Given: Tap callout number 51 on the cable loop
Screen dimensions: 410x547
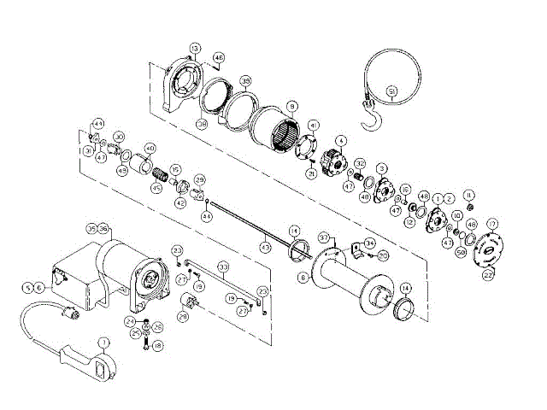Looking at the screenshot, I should pyautogui.click(x=391, y=91).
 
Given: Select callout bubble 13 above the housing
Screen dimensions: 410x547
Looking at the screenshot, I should pyautogui.click(x=196, y=48).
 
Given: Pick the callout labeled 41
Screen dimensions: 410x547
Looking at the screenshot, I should pyautogui.click(x=314, y=126).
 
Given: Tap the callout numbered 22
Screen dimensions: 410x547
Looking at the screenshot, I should pyautogui.click(x=489, y=275).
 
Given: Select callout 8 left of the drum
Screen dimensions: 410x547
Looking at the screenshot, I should pyautogui.click(x=303, y=277).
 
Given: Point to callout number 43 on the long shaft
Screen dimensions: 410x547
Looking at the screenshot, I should pyautogui.click(x=266, y=246).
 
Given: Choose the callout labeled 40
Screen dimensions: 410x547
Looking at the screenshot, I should pyautogui.click(x=150, y=148).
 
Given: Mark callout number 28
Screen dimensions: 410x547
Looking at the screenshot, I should pyautogui.click(x=183, y=316).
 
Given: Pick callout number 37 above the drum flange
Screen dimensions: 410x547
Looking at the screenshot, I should pyautogui.click(x=324, y=237).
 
